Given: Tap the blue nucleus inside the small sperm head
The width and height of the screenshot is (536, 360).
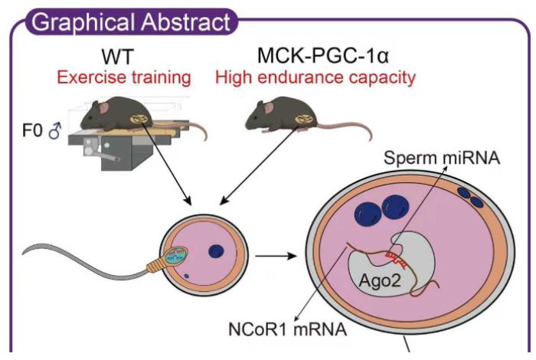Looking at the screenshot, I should point(217,250).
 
